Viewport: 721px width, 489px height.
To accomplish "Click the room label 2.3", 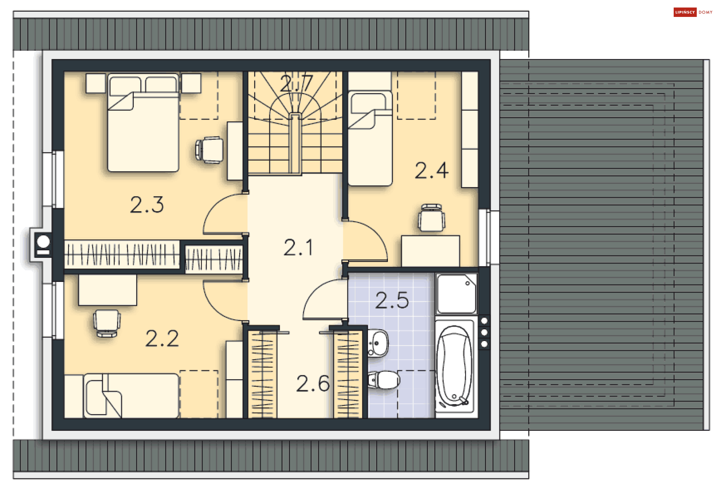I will click(x=147, y=205).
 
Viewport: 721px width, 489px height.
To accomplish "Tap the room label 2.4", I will click(x=431, y=171).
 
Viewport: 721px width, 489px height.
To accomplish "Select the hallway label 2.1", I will click(x=298, y=248).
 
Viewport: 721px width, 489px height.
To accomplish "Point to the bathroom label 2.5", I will click(x=392, y=300).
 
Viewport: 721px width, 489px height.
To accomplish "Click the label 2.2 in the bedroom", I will click(x=162, y=339).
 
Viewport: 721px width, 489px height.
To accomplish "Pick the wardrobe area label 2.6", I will click(x=313, y=384).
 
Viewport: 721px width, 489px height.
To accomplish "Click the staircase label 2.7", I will click(x=296, y=83).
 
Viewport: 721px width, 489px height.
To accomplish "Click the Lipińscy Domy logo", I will click(x=693, y=12).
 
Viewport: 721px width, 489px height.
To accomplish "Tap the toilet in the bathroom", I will click(x=384, y=380).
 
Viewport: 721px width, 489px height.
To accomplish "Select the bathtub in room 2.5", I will click(x=455, y=366).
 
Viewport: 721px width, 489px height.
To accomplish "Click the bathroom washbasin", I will click(x=378, y=342).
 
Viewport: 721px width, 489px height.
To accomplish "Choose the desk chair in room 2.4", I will click(x=431, y=218).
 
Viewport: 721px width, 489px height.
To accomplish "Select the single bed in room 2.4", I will click(x=370, y=143).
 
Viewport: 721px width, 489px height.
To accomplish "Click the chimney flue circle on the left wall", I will click(x=44, y=241).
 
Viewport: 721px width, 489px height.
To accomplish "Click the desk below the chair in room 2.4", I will click(x=430, y=251).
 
